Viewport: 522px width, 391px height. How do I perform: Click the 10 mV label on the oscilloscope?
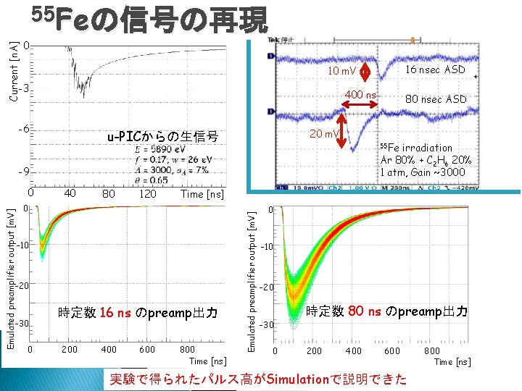341,71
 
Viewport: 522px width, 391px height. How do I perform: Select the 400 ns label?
360,95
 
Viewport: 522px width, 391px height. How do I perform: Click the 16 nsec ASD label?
435,70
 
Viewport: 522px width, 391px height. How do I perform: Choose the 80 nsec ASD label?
435,99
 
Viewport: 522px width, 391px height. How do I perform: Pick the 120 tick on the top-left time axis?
147,194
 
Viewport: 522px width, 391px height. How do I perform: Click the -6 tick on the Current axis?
24,129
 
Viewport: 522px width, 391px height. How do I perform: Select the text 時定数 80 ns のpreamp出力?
386,311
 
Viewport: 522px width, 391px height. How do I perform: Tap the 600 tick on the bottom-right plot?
391,351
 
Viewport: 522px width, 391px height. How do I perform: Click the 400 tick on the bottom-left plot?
109,350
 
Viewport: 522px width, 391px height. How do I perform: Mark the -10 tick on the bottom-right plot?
268,248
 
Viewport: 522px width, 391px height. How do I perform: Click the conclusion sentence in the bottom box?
257,379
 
